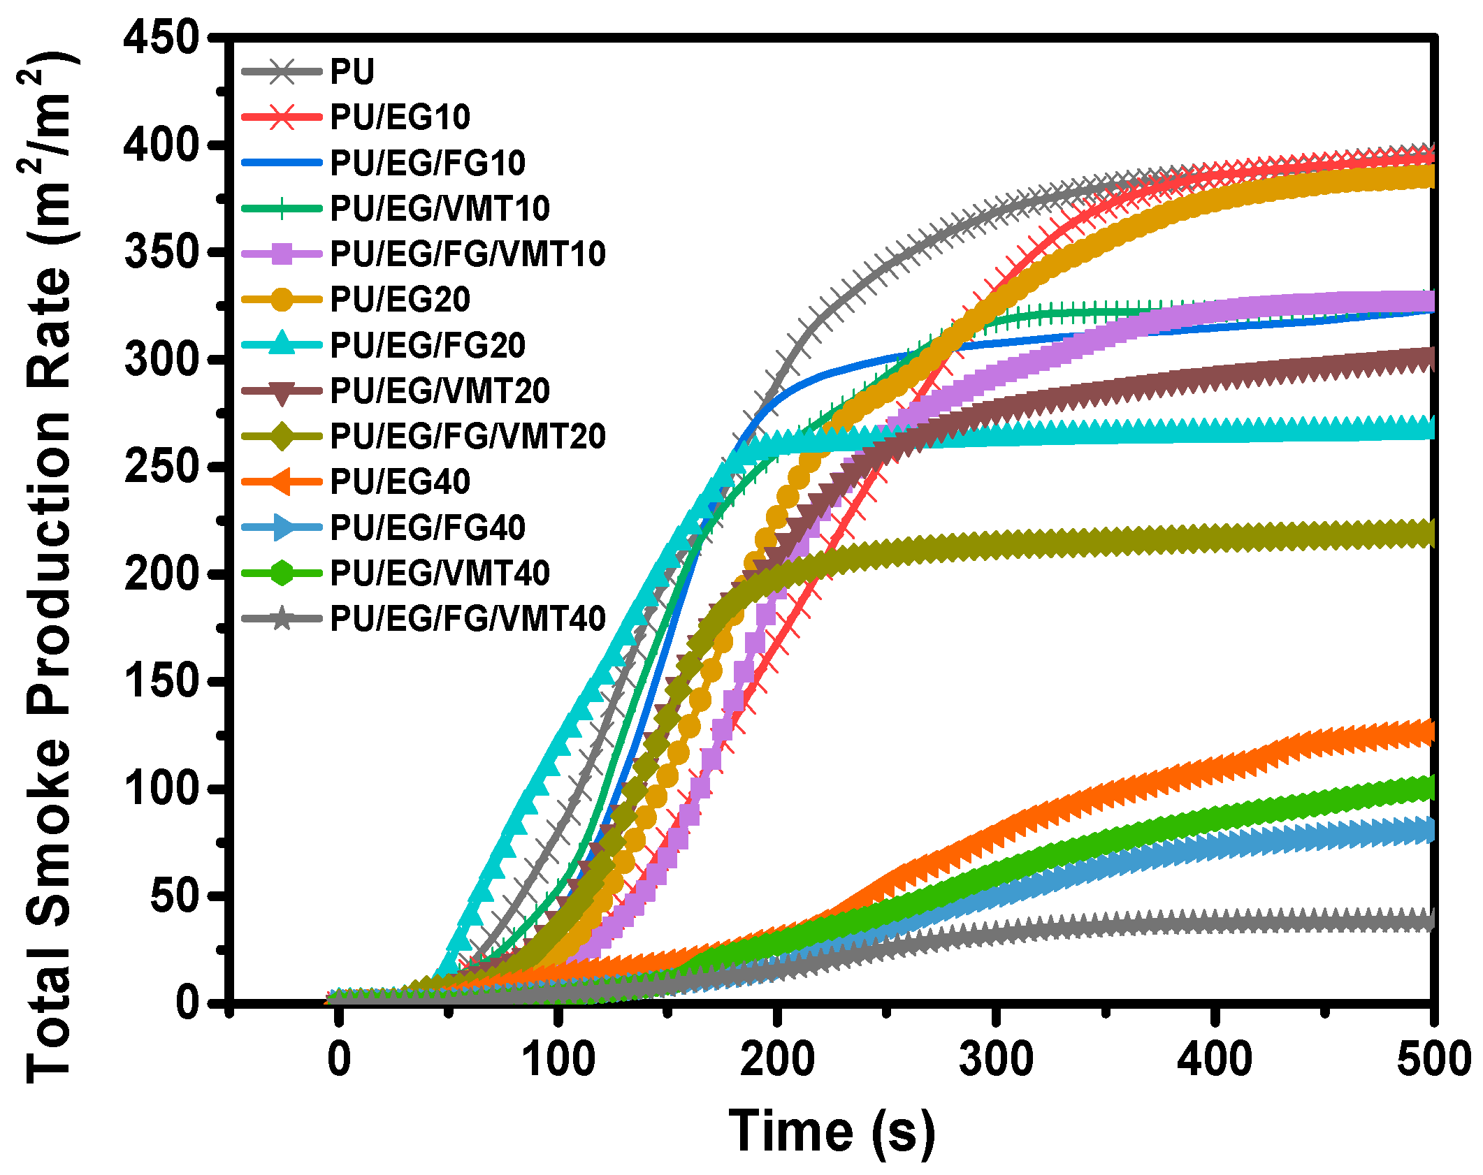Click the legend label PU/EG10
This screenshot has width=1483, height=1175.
[x=400, y=117]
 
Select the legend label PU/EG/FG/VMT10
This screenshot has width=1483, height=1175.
[x=468, y=254]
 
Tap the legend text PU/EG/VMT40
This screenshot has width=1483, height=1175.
[x=440, y=573]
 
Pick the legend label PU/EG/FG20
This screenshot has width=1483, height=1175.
[x=427, y=345]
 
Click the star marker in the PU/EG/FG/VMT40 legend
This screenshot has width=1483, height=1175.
[x=282, y=618]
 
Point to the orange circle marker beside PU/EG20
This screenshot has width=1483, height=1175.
[x=282, y=299]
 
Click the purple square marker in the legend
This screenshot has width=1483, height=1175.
[x=282, y=254]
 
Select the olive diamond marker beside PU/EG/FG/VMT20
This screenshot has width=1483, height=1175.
[x=282, y=436]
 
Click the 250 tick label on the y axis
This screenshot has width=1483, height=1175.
[x=161, y=466]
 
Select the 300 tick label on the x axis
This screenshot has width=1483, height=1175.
[x=996, y=1059]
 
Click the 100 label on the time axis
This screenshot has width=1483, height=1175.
[x=558, y=1059]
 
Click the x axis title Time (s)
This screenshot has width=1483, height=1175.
[x=832, y=1130]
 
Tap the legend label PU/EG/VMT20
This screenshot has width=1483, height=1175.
[x=440, y=391]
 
